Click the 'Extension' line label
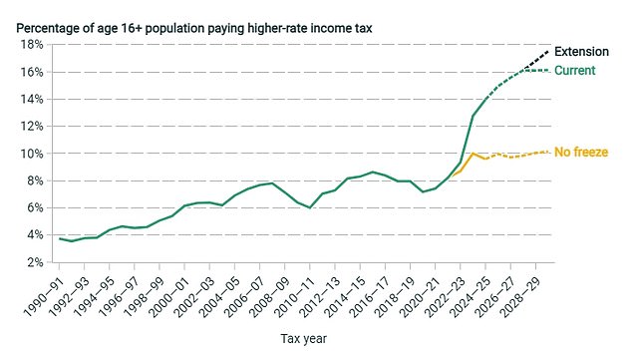pos(588,52)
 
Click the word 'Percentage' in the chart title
pos(51,27)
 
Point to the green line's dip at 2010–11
pos(311,207)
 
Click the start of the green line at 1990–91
pos(60,238)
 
